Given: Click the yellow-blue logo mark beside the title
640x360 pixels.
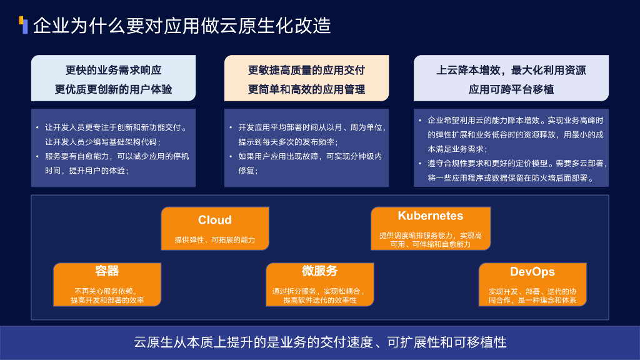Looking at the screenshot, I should click(24, 25).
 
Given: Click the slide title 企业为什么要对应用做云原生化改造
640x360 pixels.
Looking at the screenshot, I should click(181, 26).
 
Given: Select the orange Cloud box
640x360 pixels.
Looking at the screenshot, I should click(215, 229).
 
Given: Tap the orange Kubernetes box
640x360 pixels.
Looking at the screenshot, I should click(430, 229).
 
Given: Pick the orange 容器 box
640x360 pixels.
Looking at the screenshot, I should click(107, 284).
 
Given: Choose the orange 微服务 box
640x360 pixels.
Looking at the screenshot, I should click(319, 284).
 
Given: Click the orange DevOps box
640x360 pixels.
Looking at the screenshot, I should click(532, 284).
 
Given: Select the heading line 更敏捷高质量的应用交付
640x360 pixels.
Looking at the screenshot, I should click(306, 70).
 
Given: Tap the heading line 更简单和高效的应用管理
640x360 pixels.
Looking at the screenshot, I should click(306, 89).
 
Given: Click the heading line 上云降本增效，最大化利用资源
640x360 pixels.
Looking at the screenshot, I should click(511, 70).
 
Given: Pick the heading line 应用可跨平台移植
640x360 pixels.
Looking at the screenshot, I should click(511, 89).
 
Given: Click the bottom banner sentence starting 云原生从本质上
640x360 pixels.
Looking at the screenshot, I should click(320, 342).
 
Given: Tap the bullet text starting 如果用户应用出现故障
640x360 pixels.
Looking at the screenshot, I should click(310, 162).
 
